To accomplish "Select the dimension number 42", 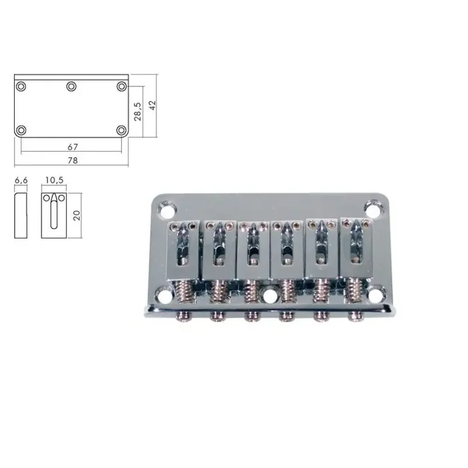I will tap(152, 106).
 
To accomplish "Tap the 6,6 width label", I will tap(20, 181).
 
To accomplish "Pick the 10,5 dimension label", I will tap(53, 181).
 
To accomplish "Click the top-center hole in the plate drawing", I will tap(71, 86).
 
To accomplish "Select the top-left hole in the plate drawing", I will tap(22, 86).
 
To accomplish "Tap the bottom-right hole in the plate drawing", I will tap(121, 130).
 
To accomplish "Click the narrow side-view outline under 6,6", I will tap(21, 215).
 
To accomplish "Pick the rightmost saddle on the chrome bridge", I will tap(354, 247).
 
